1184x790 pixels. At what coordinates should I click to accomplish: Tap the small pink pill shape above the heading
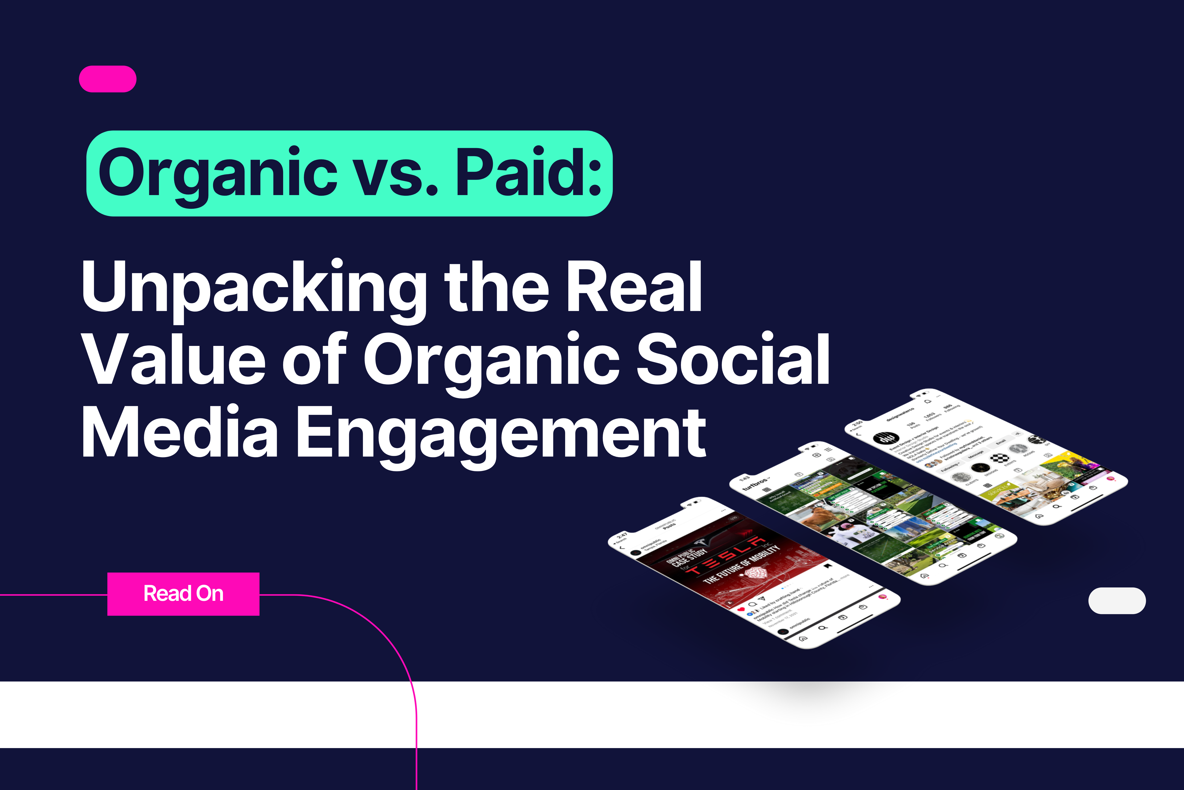[x=108, y=79]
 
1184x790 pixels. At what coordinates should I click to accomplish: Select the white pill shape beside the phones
[x=1117, y=601]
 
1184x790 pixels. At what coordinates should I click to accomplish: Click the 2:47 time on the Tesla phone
[x=622, y=536]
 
